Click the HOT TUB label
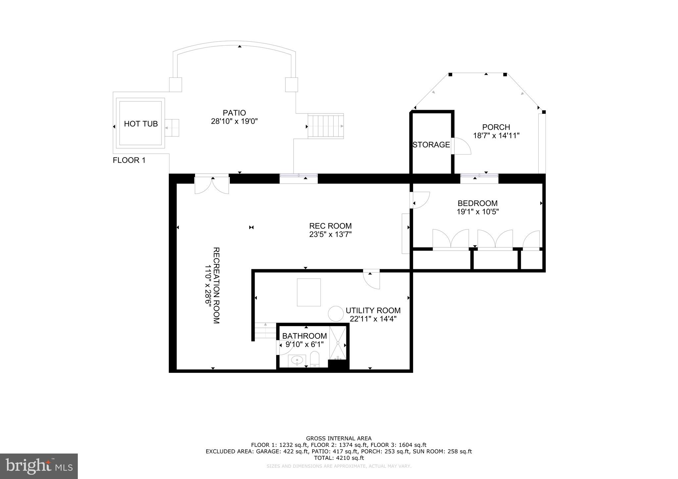coord(141,124)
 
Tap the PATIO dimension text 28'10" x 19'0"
coord(234,121)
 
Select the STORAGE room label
coord(431,145)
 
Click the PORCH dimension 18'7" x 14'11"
coord(496,135)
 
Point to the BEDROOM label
coord(477,203)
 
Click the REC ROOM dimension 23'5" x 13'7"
coord(330,235)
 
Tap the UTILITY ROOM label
coord(373,311)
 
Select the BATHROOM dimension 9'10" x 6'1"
coord(305,344)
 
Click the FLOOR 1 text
coord(129,160)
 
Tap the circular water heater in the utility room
coord(336,313)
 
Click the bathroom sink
coord(297,360)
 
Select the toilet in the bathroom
coord(315,360)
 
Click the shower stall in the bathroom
coord(338,343)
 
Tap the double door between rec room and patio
coord(212,185)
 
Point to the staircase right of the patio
coord(326,126)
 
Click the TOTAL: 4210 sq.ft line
coord(339,458)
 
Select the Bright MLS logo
coord(39,466)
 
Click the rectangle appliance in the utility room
coord(309,292)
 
